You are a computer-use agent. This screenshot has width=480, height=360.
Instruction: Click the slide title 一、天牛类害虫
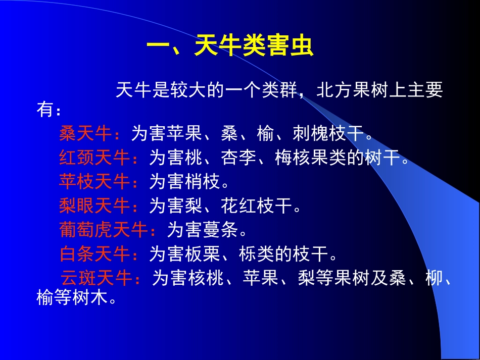230,47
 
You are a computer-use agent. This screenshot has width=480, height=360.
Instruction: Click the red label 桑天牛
85,134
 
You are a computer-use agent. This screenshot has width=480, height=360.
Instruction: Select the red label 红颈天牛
94,158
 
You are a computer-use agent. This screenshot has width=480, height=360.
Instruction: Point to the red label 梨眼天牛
94,205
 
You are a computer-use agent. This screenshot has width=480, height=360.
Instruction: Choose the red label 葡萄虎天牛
103,230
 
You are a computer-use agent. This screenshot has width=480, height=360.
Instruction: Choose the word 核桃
206,278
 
